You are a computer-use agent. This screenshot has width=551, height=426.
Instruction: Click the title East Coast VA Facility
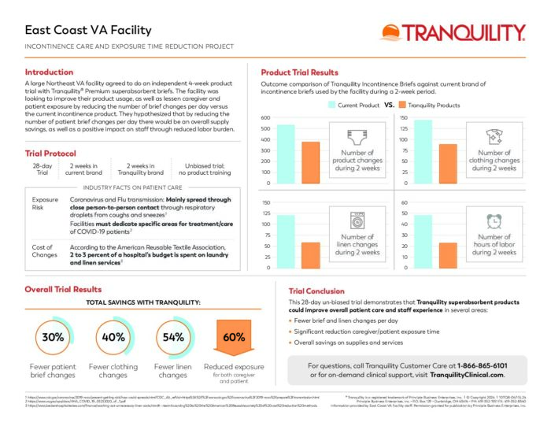(x=88, y=31)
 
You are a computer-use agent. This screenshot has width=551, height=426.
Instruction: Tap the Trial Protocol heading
(x=50, y=153)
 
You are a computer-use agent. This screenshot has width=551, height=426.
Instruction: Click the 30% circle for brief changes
(x=53, y=338)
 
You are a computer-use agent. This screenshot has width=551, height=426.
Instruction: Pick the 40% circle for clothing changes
(x=113, y=338)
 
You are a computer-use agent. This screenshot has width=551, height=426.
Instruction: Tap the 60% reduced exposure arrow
(x=234, y=339)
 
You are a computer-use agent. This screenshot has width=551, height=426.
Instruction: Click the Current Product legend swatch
(x=332, y=104)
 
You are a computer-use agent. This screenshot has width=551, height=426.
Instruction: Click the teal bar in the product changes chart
(x=286, y=154)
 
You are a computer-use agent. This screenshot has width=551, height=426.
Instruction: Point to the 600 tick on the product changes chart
(x=266, y=118)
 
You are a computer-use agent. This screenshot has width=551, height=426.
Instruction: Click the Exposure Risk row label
(x=43, y=205)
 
